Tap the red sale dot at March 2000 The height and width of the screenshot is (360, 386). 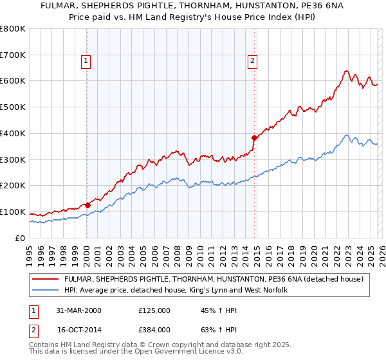(x=87, y=205)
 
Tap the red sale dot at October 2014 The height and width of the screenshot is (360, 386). (x=254, y=137)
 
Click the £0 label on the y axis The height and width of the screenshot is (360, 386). (x=19, y=238)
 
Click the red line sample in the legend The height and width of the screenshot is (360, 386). (x=46, y=279)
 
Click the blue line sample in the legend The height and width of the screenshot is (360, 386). (x=46, y=291)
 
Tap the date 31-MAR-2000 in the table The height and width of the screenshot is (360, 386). (x=75, y=310)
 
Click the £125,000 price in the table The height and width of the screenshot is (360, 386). (x=154, y=310)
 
